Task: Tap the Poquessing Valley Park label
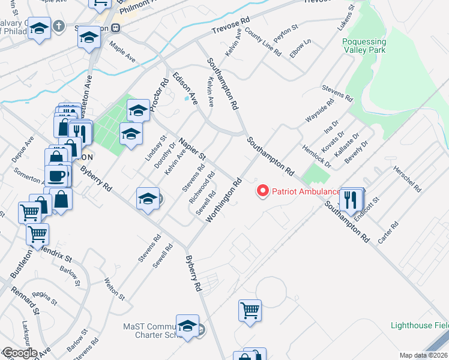380,46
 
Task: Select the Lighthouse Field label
419,325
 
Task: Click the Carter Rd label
388,233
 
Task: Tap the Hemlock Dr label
316,155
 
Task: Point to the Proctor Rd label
158,95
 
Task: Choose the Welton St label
114,289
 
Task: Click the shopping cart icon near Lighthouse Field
250,310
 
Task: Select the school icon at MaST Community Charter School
187,326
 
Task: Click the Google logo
19,353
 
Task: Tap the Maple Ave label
122,52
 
